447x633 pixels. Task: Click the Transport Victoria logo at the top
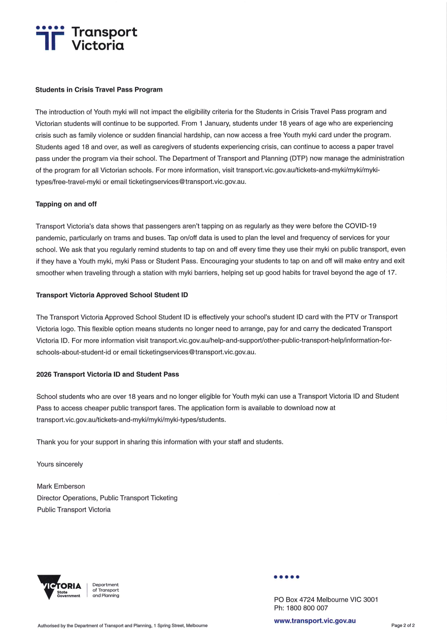click(86, 38)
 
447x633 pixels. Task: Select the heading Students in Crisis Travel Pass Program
click(99, 90)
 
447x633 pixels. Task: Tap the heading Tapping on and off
click(66, 204)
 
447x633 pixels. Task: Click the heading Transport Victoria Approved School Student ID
click(112, 295)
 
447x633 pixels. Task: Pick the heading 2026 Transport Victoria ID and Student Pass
click(107, 374)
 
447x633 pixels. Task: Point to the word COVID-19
click(360, 226)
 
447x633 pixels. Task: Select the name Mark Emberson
click(61, 486)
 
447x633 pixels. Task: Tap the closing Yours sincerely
click(60, 464)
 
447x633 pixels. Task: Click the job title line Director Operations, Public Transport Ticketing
click(107, 498)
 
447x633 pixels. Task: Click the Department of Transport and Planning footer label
click(106, 590)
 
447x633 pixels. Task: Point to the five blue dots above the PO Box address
click(287, 577)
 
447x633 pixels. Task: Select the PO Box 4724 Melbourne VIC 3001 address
click(326, 600)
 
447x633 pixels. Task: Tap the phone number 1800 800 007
click(307, 608)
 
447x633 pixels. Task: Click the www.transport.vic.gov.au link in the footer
click(315, 621)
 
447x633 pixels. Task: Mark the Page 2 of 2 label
click(403, 625)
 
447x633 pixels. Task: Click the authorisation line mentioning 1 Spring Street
click(122, 626)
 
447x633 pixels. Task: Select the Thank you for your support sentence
click(160, 442)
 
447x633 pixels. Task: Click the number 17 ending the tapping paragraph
click(391, 273)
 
